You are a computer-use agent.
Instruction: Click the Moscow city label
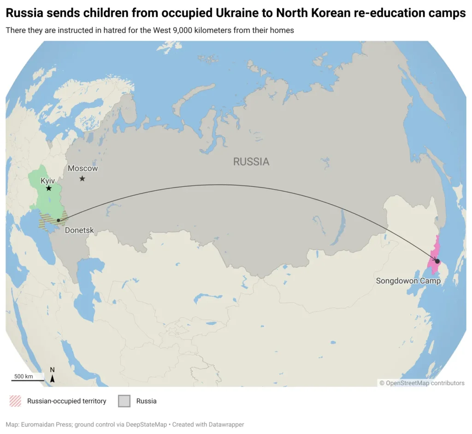[x=83, y=169]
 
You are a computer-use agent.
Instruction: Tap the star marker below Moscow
[x=82, y=178]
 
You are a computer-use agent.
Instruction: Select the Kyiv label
[x=47, y=181]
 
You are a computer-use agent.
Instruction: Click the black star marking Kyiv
[x=48, y=188]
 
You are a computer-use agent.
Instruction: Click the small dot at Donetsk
[x=58, y=221]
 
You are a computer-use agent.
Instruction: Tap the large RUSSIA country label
[x=251, y=162]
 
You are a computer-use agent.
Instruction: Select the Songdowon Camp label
[x=408, y=281]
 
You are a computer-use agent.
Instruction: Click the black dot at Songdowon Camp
[x=437, y=261]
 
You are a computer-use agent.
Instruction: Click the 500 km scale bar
[x=28, y=380]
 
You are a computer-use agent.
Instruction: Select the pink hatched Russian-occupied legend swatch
[x=15, y=401]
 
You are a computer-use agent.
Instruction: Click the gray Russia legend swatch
[x=124, y=401]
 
